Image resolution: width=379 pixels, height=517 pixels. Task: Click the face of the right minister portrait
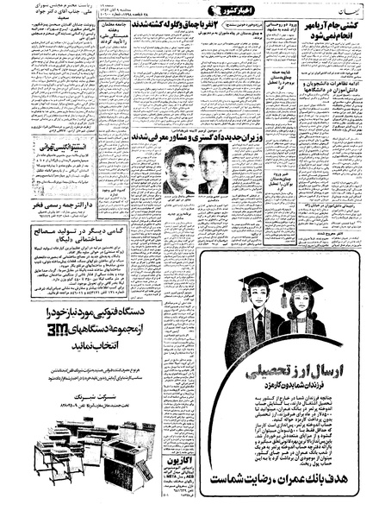(212, 166)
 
